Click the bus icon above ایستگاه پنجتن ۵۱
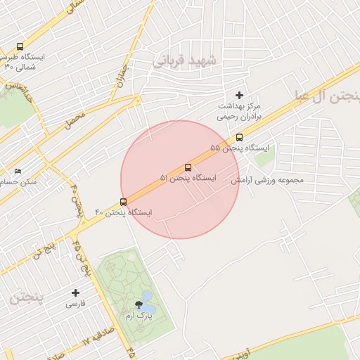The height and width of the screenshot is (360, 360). (188, 168)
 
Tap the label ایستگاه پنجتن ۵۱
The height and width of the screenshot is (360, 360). (188, 179)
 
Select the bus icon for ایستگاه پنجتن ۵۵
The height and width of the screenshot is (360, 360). (239, 138)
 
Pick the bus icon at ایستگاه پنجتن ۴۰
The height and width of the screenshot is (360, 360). (124, 202)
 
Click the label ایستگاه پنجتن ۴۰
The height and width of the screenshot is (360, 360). (123, 212)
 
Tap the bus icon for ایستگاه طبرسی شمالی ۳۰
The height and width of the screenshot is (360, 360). (20, 46)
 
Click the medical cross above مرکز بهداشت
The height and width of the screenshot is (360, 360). (239, 95)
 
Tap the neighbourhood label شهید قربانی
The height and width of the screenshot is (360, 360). (188, 62)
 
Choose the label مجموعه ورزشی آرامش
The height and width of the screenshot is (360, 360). (268, 180)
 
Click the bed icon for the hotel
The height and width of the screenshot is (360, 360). (18, 171)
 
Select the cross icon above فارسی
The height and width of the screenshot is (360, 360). (76, 292)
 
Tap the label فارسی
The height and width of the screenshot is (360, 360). (75, 304)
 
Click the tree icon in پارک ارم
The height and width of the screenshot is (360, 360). (139, 305)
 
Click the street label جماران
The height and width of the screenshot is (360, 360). (123, 75)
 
